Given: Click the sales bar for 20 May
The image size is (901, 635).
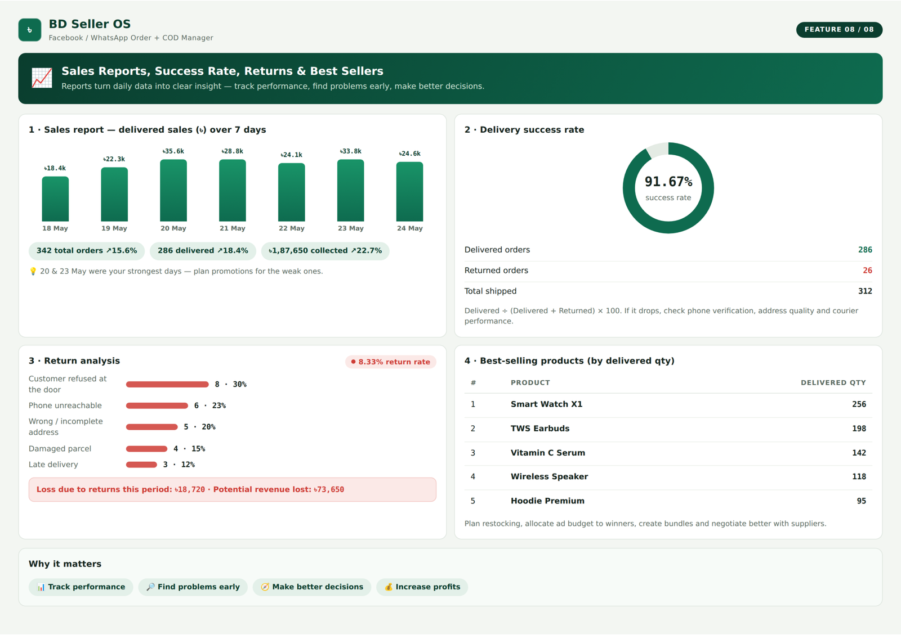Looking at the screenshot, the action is coord(173,190).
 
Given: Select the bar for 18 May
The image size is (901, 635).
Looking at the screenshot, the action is coord(55,199).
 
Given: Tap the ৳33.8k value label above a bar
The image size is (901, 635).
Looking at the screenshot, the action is coord(351,151).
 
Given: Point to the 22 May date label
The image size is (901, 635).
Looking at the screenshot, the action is coord(292,228).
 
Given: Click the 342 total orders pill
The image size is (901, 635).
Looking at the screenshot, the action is coord(87,251).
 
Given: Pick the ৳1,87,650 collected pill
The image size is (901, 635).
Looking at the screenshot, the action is coord(325,251).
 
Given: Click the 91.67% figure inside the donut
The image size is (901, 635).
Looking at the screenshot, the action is coord(668,182).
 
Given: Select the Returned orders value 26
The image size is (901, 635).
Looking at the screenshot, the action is coord(867,271).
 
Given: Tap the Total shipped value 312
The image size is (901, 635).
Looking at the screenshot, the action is coord(865,291).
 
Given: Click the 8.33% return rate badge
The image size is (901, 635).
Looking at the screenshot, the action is coord(391,362).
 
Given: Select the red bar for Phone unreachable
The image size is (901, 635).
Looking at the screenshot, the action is coord(157,406).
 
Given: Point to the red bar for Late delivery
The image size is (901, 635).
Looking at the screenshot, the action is coord(141,465).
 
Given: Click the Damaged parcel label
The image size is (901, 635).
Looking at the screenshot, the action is coord(60,449).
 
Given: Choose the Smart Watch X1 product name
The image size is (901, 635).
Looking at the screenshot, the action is coord(546,404).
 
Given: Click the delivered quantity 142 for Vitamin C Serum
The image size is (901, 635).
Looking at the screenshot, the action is coord(859,453).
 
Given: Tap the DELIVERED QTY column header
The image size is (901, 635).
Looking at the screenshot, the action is coord(833,383).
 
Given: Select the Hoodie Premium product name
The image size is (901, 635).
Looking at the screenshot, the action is coord(547,501).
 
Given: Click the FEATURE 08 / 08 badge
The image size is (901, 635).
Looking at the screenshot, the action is coord(839,30).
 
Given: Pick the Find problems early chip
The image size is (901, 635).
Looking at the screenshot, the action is coord(193,587).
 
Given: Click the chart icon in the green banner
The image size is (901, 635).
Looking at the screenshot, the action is coord(42,78).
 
